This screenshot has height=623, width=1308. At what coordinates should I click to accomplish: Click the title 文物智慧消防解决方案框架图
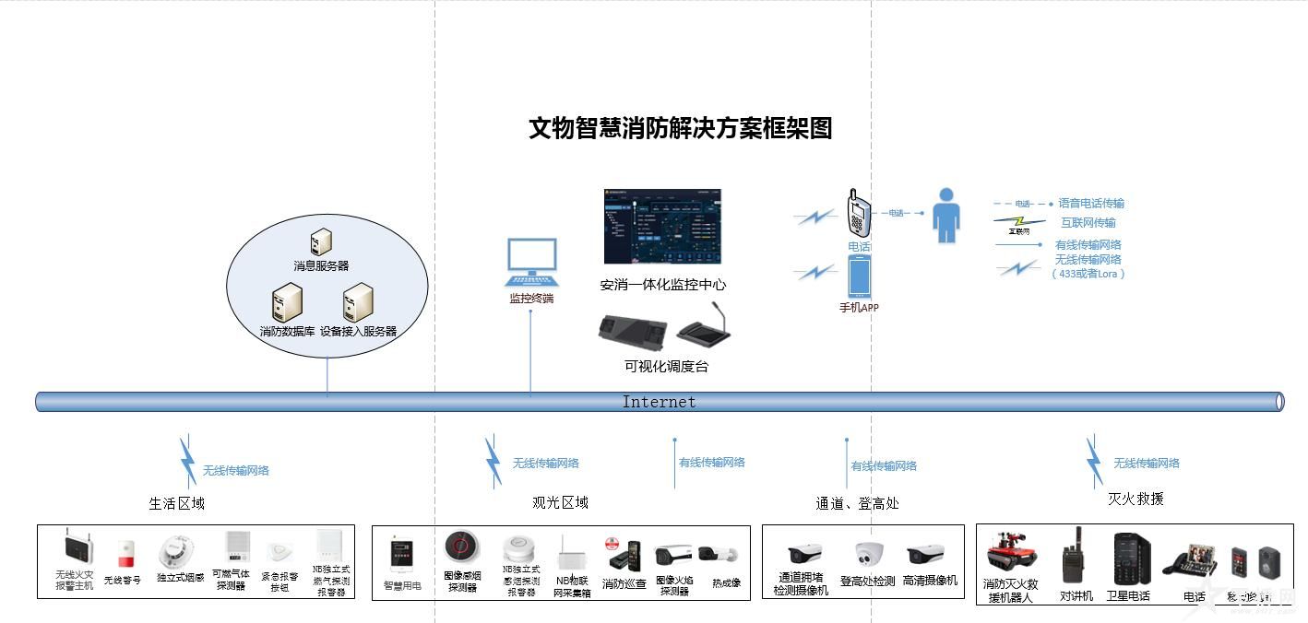(680, 128)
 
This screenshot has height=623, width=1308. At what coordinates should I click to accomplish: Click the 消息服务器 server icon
(321, 241)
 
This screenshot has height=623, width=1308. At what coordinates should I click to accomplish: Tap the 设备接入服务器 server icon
(358, 302)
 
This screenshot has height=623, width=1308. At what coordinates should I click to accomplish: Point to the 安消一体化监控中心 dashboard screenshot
(661, 227)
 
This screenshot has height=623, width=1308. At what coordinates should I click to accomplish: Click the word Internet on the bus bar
(659, 402)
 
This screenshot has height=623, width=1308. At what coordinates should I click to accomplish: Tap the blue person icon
(945, 216)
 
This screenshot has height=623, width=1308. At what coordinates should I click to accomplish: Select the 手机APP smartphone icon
(859, 276)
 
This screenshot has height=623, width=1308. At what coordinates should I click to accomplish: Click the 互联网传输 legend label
(1088, 223)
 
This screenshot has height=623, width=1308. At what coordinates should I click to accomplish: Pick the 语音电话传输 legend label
(1091, 203)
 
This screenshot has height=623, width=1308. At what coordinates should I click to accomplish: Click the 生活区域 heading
(176, 503)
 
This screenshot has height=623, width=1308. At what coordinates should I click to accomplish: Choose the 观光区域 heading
(560, 502)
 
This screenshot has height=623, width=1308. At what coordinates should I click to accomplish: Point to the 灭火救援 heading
(1136, 499)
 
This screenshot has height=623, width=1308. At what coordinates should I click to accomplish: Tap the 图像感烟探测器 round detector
(461, 547)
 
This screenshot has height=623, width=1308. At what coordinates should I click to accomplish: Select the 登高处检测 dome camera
(869, 553)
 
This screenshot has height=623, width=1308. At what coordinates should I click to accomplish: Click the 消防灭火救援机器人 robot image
(1011, 551)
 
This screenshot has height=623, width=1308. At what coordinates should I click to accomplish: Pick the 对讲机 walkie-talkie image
(1073, 555)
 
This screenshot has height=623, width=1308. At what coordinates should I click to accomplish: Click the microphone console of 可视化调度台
(703, 328)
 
